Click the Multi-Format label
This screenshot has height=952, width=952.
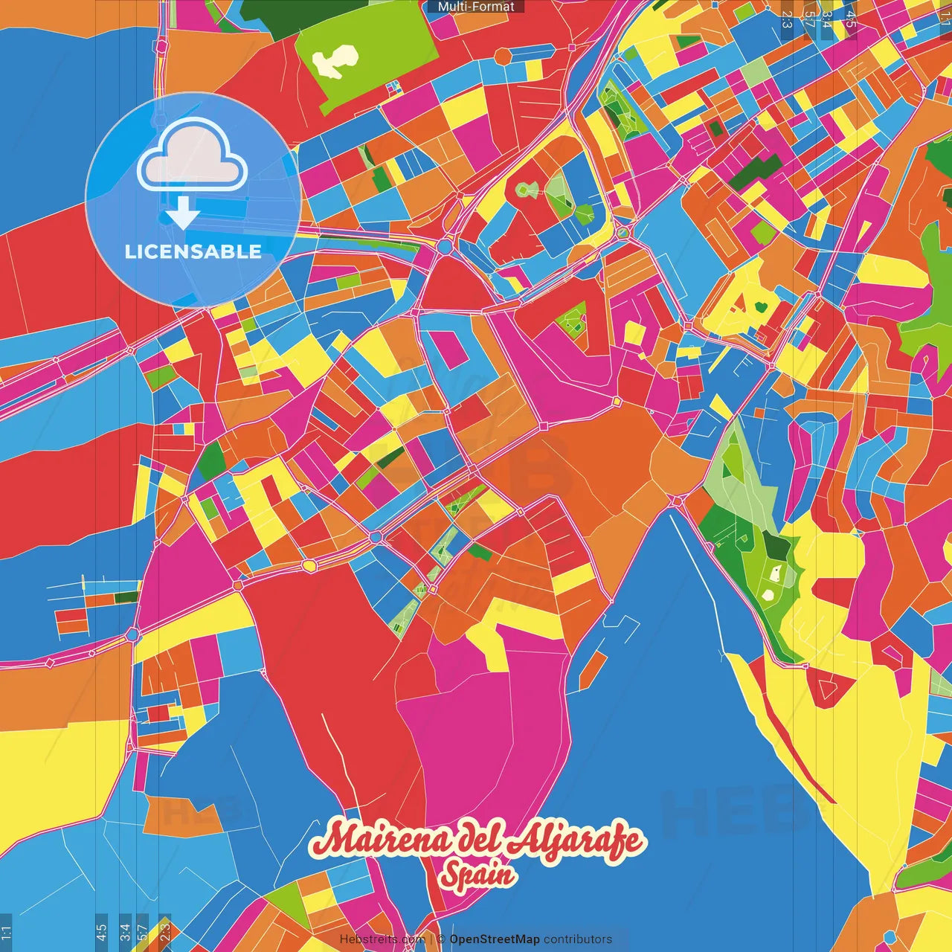pyautogui.click(x=476, y=7)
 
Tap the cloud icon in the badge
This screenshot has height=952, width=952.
pyautogui.click(x=193, y=156)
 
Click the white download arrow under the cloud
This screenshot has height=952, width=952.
pyautogui.click(x=183, y=213)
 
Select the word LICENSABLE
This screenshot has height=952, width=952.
pyautogui.click(x=193, y=251)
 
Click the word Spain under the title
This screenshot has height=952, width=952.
pyautogui.click(x=477, y=874)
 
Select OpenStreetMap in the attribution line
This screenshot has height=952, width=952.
pyautogui.click(x=494, y=939)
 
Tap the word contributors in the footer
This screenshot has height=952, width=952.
pyautogui.click(x=578, y=939)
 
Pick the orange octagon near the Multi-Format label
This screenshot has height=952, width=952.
pyautogui.click(x=504, y=56)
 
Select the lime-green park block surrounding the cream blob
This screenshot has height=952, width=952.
pyautogui.click(x=387, y=45)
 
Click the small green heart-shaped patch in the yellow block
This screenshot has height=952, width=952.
pyautogui.click(x=762, y=306)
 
